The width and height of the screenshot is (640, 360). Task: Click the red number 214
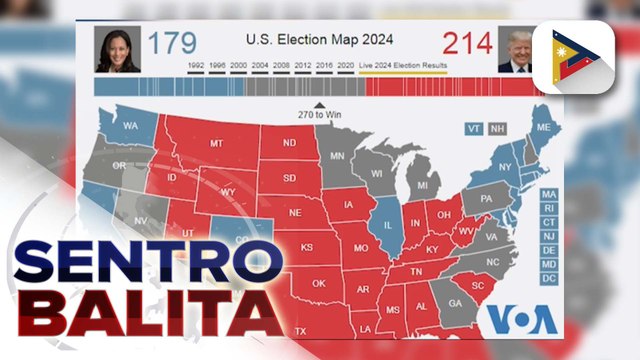click(x=468, y=44)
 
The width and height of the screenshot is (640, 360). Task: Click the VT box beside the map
click(x=474, y=129)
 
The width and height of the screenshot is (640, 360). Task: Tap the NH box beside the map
click(x=497, y=129)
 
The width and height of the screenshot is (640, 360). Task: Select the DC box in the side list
click(x=548, y=277)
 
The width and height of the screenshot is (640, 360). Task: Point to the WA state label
click(x=130, y=127)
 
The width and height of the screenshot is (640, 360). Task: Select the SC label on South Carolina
click(x=478, y=287)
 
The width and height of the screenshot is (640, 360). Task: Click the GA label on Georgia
click(x=455, y=304)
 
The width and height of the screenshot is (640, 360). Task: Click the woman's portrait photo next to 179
click(x=117, y=50)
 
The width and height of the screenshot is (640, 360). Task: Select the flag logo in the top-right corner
click(x=575, y=50)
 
